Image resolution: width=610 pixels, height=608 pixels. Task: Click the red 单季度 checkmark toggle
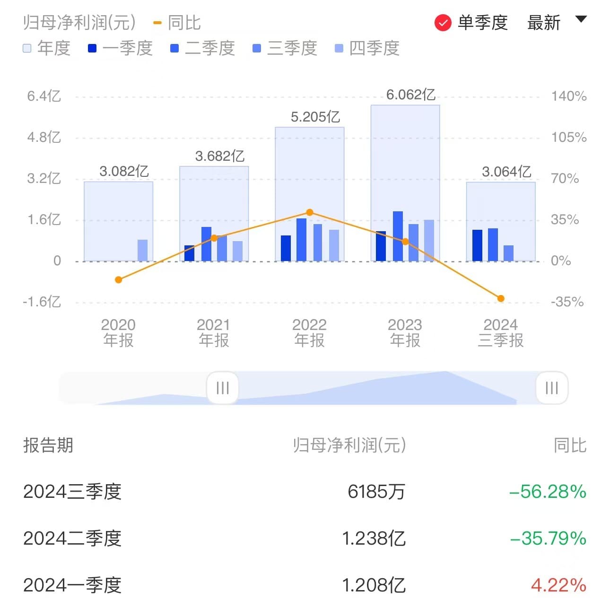click(x=443, y=23)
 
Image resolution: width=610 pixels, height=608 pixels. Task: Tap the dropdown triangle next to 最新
click(x=581, y=19)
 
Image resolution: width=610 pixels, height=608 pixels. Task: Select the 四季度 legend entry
click(x=367, y=48)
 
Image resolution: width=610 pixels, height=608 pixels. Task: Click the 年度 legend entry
click(x=47, y=48)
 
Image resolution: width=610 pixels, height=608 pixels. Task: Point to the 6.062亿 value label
click(x=410, y=95)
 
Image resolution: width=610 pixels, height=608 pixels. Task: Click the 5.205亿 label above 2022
click(x=315, y=117)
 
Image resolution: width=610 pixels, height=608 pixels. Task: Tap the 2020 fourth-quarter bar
click(x=142, y=250)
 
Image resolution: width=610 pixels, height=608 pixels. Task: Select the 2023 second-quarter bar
click(x=398, y=236)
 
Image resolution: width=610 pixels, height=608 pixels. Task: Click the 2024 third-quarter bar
click(x=508, y=253)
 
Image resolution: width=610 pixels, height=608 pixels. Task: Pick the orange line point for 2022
click(x=310, y=212)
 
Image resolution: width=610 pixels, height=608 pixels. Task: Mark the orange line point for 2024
click(x=501, y=298)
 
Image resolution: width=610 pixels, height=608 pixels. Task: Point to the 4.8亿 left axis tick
click(x=44, y=138)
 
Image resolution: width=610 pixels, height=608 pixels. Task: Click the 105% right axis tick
click(x=568, y=138)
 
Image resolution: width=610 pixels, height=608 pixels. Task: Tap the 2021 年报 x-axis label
click(x=214, y=332)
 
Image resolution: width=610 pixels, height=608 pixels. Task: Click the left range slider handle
click(x=222, y=388)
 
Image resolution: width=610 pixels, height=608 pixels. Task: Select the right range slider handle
click(x=551, y=388)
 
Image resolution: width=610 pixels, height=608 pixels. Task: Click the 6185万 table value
click(x=376, y=492)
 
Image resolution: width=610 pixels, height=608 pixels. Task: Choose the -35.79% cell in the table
click(x=548, y=539)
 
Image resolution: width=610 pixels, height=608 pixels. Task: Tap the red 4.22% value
click(x=558, y=585)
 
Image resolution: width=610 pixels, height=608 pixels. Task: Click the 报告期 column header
click(x=48, y=445)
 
